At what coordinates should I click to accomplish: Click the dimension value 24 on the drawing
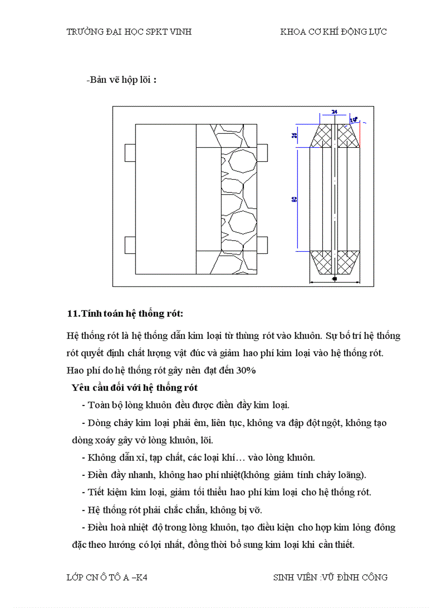click(x=334, y=112)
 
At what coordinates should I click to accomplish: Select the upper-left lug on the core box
click(x=129, y=153)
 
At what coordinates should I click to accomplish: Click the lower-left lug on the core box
click(x=129, y=245)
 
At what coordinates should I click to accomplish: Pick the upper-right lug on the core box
click(x=263, y=153)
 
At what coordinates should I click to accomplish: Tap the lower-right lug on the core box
click(x=263, y=245)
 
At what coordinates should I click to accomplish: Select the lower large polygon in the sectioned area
click(x=242, y=222)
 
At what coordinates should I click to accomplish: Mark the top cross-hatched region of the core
click(x=334, y=136)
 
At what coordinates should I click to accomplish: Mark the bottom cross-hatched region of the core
click(x=334, y=262)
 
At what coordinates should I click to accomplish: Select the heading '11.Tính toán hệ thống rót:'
click(x=125, y=313)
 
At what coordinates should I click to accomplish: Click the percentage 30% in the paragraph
click(x=245, y=371)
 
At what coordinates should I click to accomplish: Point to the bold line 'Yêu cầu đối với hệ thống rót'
click(x=134, y=388)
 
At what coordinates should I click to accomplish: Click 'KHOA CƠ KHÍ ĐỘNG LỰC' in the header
click(x=333, y=32)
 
